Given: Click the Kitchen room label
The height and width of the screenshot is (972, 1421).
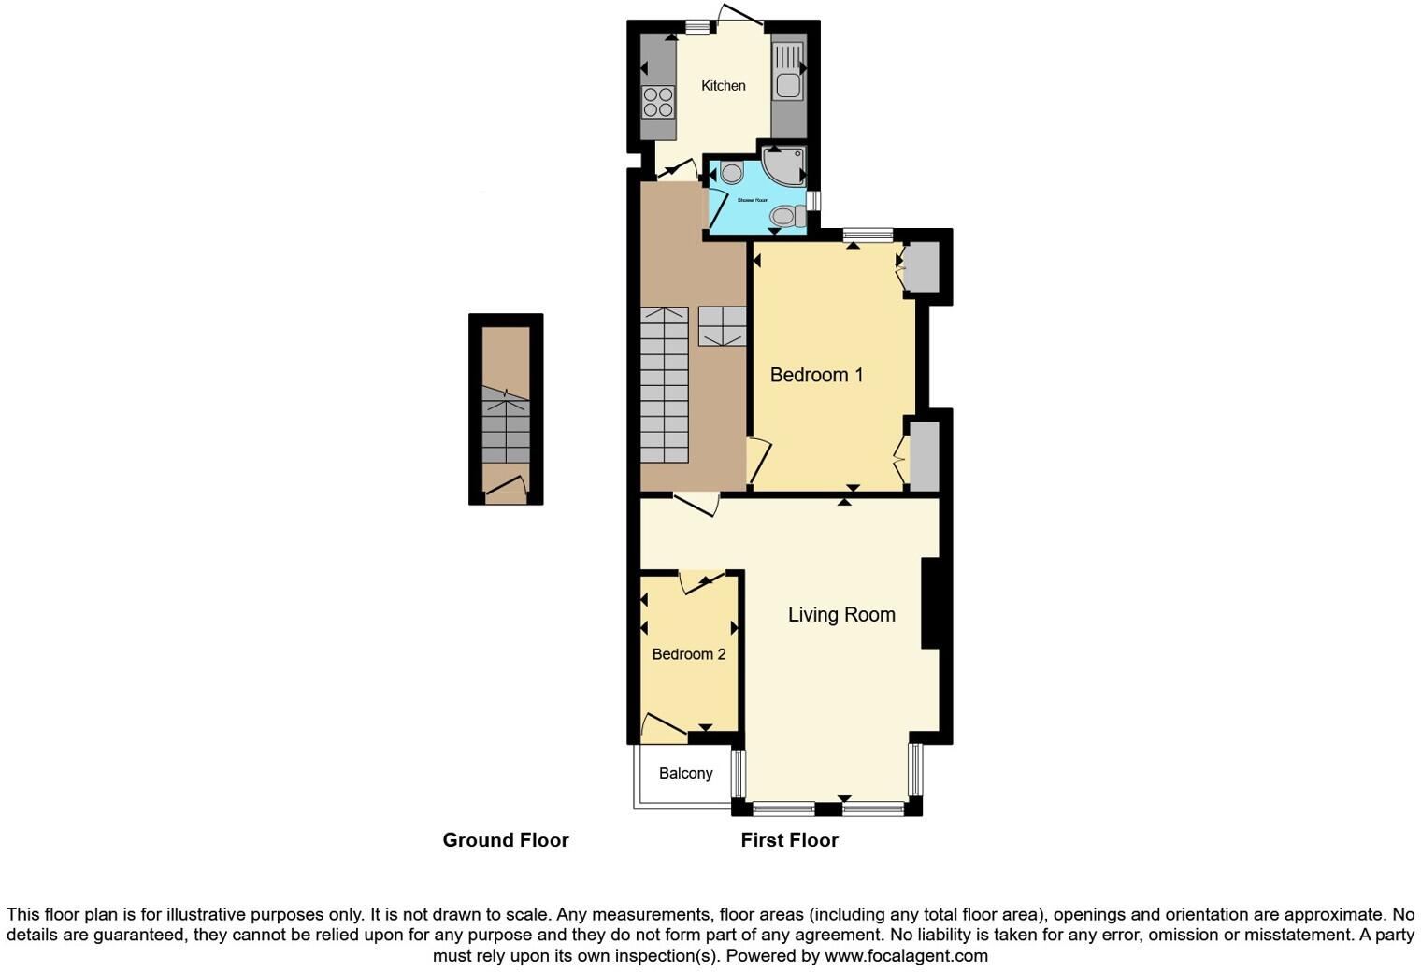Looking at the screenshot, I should pyautogui.click(x=724, y=86).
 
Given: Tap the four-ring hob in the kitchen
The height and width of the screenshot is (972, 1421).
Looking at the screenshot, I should pyautogui.click(x=658, y=102).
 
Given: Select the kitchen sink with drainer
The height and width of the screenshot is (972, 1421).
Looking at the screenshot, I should pyautogui.click(x=788, y=71).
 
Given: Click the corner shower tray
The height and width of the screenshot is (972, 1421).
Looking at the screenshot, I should pyautogui.click(x=783, y=164).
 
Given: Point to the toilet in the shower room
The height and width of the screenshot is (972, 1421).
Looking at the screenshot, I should pyautogui.click(x=786, y=217).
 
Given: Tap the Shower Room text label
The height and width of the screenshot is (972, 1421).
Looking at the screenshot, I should pyautogui.click(x=753, y=200).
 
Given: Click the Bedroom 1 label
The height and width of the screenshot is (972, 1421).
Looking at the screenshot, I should pyautogui.click(x=816, y=375).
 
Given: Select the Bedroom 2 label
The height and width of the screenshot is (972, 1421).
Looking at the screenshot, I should pyautogui.click(x=689, y=654).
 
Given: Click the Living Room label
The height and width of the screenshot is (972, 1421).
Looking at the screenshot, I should pyautogui.click(x=841, y=615).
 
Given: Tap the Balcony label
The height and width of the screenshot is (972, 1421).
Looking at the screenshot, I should pyautogui.click(x=685, y=774).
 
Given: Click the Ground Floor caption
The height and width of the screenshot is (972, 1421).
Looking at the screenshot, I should pyautogui.click(x=506, y=840).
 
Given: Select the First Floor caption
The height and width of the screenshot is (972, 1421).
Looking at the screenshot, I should pyautogui.click(x=789, y=840).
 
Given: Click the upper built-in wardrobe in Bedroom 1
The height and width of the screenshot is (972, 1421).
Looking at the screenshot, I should pyautogui.click(x=923, y=267).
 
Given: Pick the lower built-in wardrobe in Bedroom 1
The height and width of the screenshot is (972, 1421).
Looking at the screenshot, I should pyautogui.click(x=924, y=456).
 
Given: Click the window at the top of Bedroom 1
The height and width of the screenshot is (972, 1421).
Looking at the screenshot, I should pyautogui.click(x=868, y=236).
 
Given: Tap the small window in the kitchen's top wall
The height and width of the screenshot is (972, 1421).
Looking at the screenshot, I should pyautogui.click(x=697, y=28).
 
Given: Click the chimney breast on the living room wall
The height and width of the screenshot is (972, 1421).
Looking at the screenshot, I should pyautogui.click(x=930, y=603).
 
